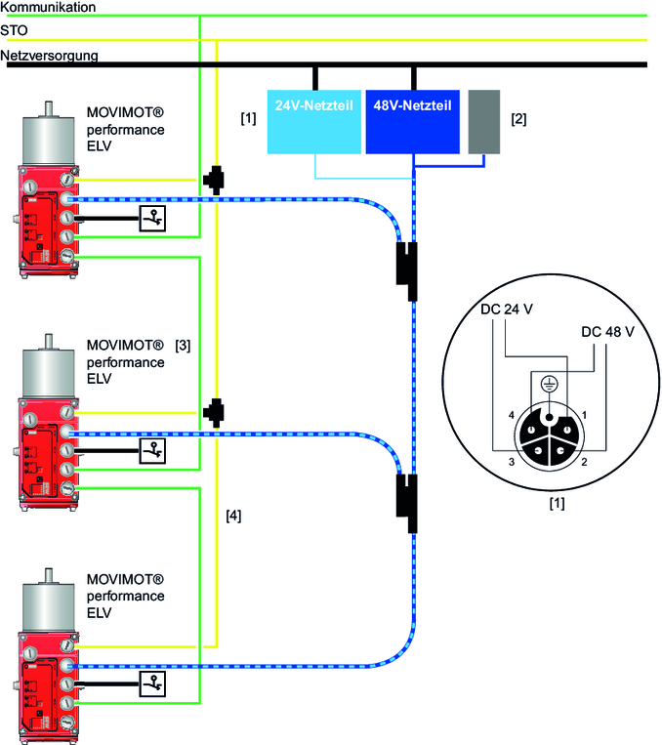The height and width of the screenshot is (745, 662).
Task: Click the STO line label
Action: (15, 31)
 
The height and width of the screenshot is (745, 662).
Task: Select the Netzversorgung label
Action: (50, 56)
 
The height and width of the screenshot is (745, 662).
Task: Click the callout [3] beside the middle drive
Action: (183, 345)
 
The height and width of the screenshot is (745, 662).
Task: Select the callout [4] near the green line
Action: (232, 514)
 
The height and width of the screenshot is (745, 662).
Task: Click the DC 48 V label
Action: (607, 332)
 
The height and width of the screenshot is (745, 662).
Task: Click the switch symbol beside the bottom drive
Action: (152, 683)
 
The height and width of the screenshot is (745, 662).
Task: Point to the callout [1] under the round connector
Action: (556, 505)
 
